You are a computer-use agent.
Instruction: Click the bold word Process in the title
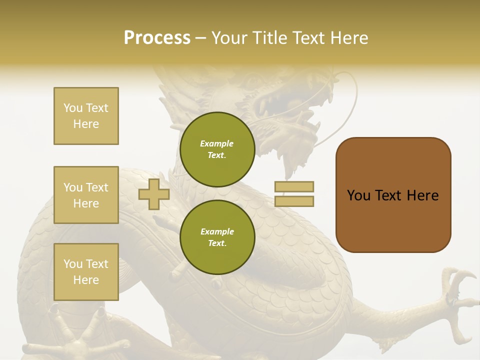[x=157, y=38]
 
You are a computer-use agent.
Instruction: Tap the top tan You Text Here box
[x=86, y=116]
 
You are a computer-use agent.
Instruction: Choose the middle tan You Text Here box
[x=86, y=195]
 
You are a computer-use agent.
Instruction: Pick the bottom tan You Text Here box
[x=86, y=271]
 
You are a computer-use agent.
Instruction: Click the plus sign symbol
[x=154, y=194]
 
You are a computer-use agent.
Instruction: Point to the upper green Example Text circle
[x=217, y=149]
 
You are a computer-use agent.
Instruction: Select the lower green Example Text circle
[x=217, y=237]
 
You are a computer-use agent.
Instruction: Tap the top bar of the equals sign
[x=294, y=187]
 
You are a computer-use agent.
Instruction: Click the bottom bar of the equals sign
[x=294, y=201]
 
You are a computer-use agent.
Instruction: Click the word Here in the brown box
[x=422, y=195]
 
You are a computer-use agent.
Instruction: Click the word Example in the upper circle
[x=217, y=144]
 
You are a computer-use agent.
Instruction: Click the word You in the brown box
[x=359, y=195]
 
